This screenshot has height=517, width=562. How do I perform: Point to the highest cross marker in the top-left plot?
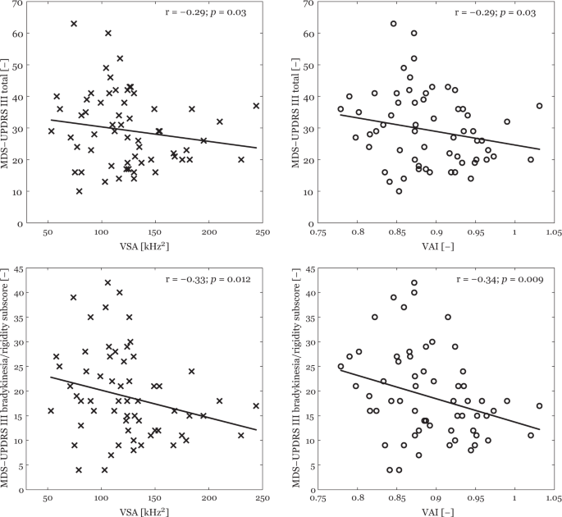(74, 24)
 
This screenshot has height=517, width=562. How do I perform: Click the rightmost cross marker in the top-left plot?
(256, 106)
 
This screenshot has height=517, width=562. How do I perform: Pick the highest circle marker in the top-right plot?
(393, 24)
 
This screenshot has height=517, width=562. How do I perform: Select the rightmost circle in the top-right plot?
(539, 106)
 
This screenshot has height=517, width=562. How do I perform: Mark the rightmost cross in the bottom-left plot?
(256, 405)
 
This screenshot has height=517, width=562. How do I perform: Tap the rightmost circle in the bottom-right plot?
(539, 405)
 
